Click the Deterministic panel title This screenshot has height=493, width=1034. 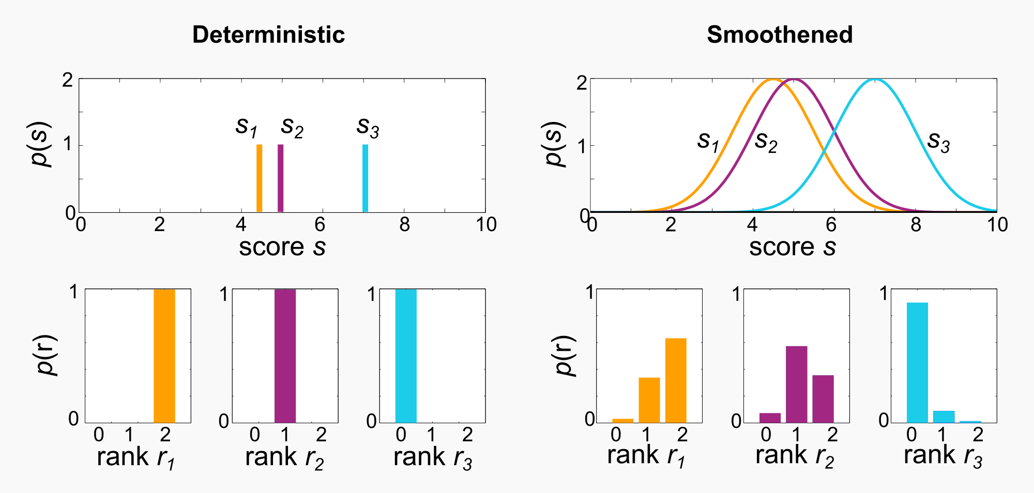click(x=268, y=35)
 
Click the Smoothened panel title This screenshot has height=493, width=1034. click(x=780, y=35)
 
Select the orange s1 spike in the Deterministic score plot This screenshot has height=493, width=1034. click(x=260, y=178)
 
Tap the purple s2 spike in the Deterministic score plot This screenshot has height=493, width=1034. click(x=281, y=178)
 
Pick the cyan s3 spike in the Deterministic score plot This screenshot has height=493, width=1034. click(x=365, y=178)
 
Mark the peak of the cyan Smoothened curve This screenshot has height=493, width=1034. click(x=875, y=80)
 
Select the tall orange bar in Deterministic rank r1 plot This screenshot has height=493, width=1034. click(x=164, y=356)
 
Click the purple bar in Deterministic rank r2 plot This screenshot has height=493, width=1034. click(x=285, y=356)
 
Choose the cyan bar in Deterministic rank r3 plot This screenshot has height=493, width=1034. click(x=406, y=356)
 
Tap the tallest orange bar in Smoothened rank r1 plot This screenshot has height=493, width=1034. click(x=676, y=380)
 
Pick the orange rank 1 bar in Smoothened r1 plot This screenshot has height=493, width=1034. click(x=649, y=400)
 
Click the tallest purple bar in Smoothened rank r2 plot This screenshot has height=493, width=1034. click(x=796, y=384)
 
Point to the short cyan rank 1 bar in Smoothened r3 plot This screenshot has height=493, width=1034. click(x=944, y=417)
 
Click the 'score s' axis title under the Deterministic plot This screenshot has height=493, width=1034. click(x=282, y=247)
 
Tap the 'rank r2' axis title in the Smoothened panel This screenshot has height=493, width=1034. click(x=795, y=456)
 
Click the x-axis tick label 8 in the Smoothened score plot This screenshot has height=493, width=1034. click(x=916, y=225)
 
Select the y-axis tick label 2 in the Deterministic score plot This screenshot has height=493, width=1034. click(x=68, y=80)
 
